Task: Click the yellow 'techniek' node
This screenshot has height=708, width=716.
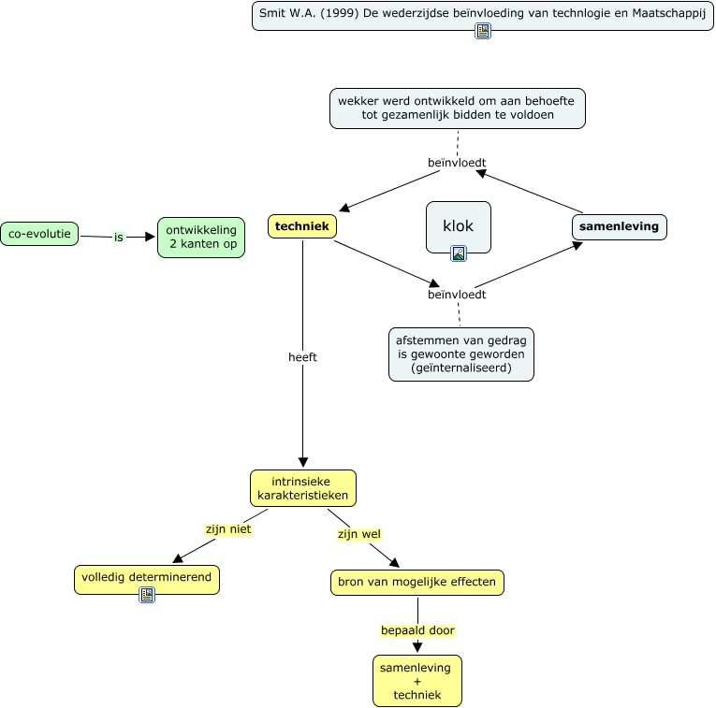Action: (302, 226)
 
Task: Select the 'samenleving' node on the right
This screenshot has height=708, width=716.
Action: (619, 226)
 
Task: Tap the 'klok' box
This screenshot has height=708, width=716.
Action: (458, 225)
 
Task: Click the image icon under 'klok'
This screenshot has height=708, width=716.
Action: (459, 253)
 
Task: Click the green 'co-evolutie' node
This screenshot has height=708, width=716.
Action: (39, 233)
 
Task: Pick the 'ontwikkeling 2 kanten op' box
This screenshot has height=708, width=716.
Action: (201, 238)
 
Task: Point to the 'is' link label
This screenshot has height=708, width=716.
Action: (119, 237)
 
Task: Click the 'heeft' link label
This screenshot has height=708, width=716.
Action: (302, 356)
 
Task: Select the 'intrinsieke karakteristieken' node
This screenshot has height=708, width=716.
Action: (302, 488)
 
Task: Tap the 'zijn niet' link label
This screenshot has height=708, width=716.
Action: (228, 528)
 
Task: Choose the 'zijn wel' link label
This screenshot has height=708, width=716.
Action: (358, 534)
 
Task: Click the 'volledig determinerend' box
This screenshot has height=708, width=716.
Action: (147, 577)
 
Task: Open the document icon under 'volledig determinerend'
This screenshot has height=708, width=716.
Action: (147, 595)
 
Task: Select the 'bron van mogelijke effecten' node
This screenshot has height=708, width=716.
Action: (417, 582)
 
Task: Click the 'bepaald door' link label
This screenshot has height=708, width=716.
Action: (417, 630)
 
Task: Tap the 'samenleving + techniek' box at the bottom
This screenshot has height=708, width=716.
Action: (416, 681)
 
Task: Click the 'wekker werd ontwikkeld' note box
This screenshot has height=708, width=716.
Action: (458, 108)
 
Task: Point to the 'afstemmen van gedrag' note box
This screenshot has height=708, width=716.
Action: (461, 354)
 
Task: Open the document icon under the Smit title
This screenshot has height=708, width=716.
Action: (483, 31)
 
